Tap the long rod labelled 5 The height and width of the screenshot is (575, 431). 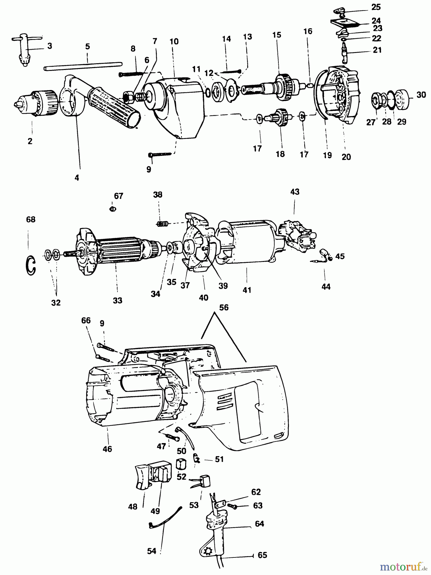tap(83, 65)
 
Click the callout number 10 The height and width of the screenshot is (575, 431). tap(174, 42)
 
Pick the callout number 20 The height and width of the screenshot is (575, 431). tap(346, 157)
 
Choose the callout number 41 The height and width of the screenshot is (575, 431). tap(247, 290)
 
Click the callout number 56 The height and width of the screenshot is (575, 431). tap(224, 307)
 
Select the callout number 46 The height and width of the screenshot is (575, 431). tap(107, 449)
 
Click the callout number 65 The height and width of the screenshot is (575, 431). tap(262, 555)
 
